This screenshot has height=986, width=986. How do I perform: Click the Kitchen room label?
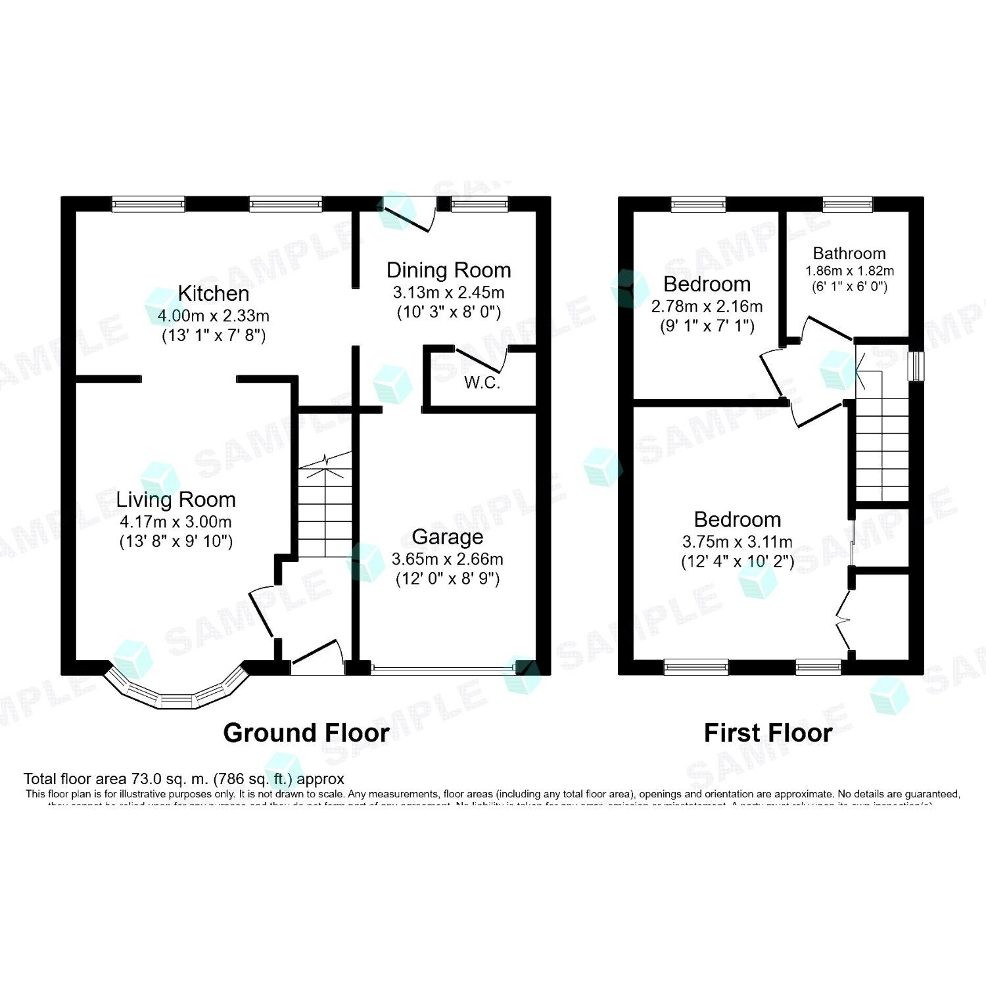tap(214, 293)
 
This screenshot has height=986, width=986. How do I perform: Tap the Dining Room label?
tap(448, 270)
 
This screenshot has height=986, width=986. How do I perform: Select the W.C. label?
tap(482, 383)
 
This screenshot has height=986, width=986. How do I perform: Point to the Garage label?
tap(447, 537)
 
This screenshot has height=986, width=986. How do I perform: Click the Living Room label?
tap(176, 500)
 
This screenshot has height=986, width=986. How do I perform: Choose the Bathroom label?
tap(849, 254)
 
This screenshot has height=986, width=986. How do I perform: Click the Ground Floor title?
tap(306, 733)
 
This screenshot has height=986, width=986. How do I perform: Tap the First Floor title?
tap(768, 733)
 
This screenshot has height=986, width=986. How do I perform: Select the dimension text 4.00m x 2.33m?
tap(214, 316)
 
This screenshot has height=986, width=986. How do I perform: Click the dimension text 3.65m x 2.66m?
tap(447, 559)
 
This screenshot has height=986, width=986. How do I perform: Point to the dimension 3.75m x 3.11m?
tap(737, 542)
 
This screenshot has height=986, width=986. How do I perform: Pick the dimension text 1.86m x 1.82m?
tap(849, 271)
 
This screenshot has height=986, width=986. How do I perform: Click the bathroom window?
tap(848, 204)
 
